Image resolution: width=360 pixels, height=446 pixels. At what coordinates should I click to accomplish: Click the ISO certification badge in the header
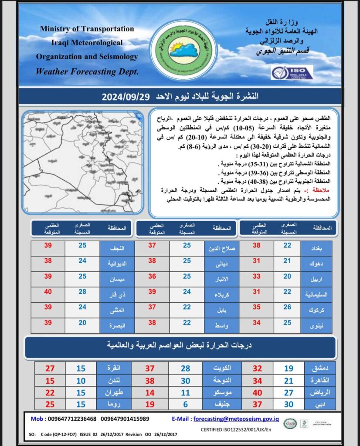point(292,73)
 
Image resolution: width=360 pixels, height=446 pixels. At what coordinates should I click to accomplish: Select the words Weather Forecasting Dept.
point(87,71)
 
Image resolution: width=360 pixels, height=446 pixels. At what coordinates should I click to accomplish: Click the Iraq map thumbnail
point(83,162)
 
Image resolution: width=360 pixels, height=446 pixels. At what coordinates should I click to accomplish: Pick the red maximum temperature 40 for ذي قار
point(48,291)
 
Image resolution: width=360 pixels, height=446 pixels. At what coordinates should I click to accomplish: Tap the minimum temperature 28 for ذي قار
point(82,291)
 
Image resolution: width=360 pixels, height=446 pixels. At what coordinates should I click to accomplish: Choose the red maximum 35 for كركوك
point(257,307)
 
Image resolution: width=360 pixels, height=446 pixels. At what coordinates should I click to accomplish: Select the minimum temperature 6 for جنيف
point(185,404)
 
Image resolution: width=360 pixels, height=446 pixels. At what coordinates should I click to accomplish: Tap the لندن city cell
point(114,381)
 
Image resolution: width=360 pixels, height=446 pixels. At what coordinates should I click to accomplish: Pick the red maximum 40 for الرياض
point(258,392)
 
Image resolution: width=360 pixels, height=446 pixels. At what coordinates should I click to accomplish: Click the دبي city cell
point(320,404)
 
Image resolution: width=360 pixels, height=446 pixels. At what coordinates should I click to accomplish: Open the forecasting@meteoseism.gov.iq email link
point(236,419)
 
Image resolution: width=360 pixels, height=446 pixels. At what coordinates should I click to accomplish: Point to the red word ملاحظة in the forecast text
point(319,190)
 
